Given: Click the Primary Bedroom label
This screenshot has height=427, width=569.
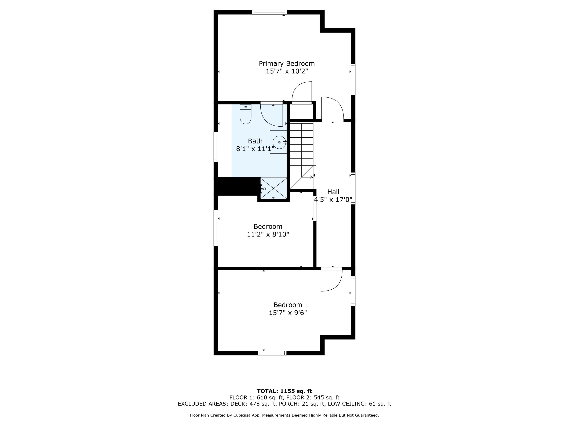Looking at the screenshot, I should coord(287,64).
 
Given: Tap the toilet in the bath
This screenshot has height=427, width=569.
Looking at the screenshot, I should coord(245,115).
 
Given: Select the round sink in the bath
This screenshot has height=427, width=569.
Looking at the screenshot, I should coord(279,142).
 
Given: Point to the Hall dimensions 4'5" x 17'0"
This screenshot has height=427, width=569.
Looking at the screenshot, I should coord(333,200).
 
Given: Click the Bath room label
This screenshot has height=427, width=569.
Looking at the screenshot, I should coord(255,141).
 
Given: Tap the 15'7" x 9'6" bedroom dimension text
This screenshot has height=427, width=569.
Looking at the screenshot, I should coord(288,313).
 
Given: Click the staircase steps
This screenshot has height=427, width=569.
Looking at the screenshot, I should coord(302,144).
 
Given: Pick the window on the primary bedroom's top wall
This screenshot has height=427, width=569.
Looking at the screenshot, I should coord(269,12).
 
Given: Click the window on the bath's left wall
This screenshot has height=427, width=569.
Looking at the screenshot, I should coord(216,147).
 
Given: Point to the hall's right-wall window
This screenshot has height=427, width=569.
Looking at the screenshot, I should coord(353,188).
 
